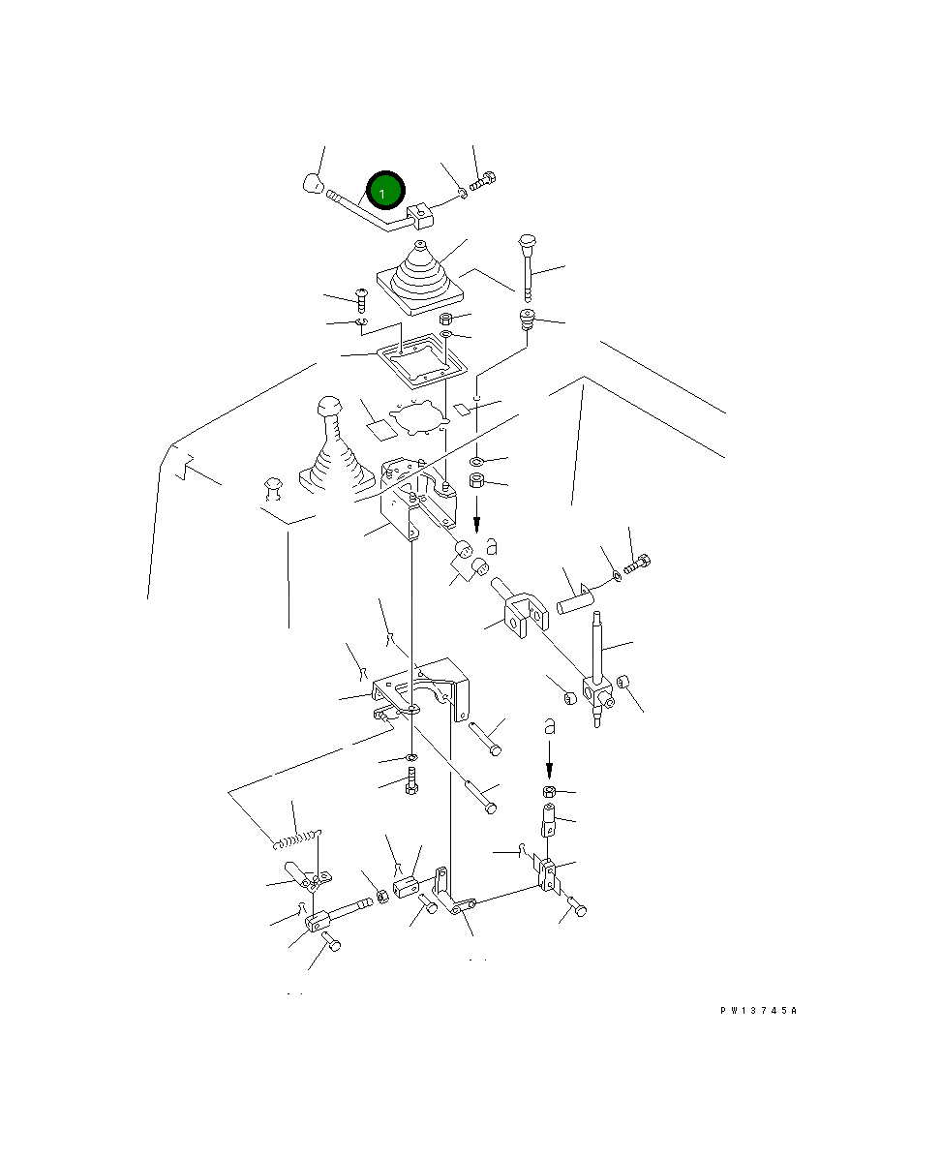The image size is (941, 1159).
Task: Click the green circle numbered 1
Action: tap(385, 191)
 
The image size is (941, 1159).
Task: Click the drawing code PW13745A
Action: tap(758, 1010)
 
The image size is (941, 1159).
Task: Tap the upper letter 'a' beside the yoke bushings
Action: tap(491, 546)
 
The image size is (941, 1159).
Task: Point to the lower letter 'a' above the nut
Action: tap(549, 726)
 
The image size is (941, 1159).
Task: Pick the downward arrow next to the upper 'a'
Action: tap(476, 514)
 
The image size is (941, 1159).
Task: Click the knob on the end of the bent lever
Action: tap(312, 183)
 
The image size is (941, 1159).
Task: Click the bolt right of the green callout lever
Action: tap(483, 180)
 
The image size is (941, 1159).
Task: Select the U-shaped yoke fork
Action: tap(520, 610)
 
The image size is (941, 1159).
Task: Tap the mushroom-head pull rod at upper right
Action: tap(527, 267)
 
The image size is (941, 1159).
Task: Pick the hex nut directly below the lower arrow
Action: tap(549, 792)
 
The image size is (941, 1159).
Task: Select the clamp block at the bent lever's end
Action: tap(420, 216)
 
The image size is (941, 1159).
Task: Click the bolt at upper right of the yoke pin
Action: tap(636, 564)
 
